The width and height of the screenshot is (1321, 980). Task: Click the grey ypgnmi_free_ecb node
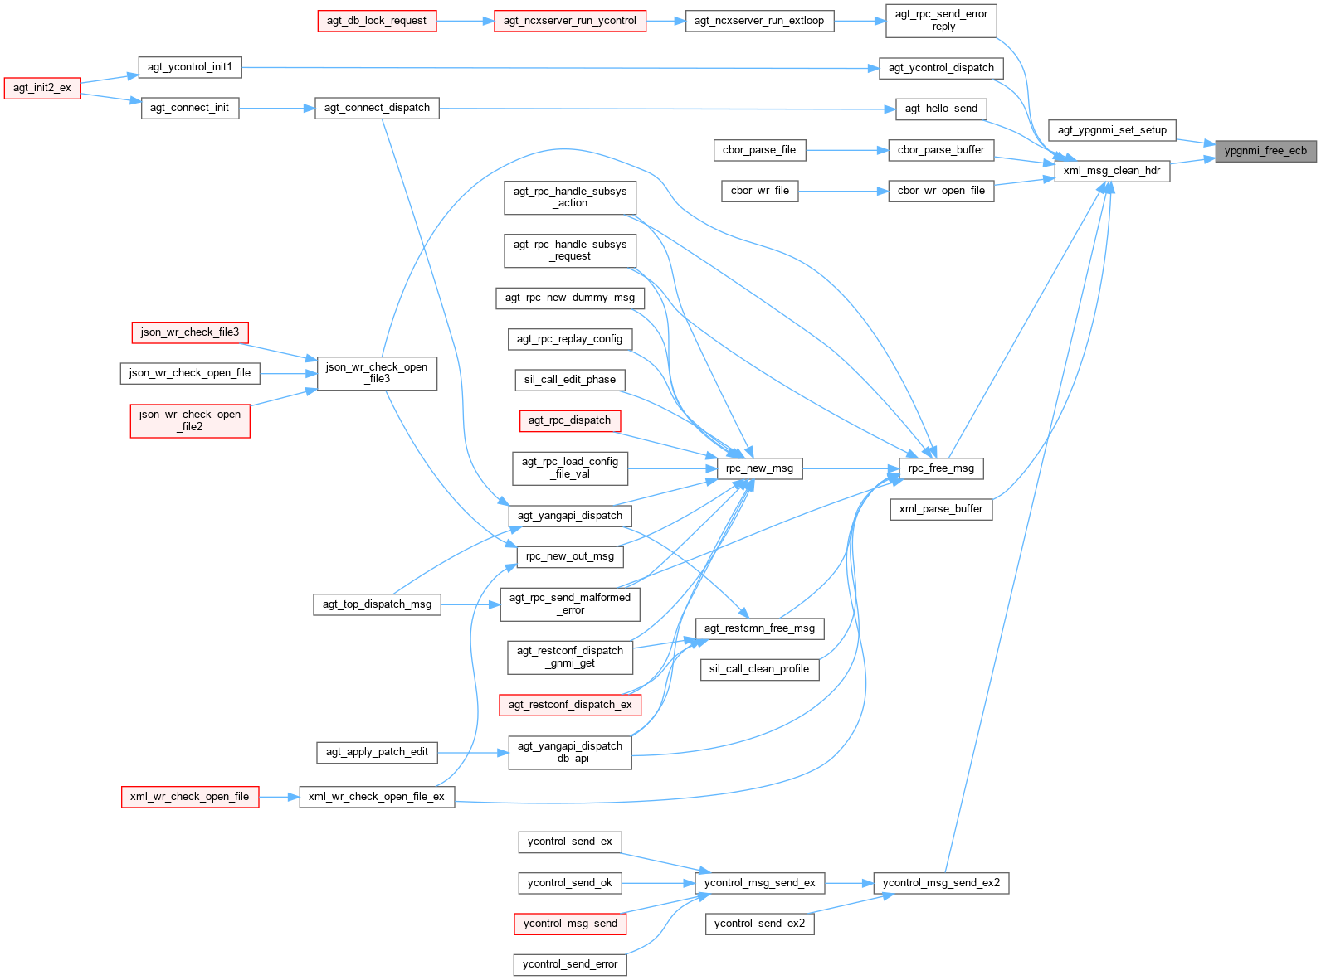(x=1265, y=151)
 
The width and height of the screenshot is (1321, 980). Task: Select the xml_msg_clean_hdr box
(x=1112, y=172)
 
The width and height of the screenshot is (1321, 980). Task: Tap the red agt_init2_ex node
(x=42, y=88)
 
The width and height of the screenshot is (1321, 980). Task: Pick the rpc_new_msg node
(x=759, y=468)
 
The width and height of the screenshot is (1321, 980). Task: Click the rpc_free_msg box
(x=941, y=468)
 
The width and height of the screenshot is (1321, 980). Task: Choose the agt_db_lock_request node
(x=377, y=21)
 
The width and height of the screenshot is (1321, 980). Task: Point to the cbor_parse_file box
(x=758, y=150)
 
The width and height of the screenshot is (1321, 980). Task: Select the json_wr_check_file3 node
(x=190, y=332)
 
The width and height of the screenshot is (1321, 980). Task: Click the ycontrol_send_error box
(x=570, y=964)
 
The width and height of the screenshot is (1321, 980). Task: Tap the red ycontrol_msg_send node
(x=570, y=924)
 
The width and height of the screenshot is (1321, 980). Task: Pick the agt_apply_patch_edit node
(x=377, y=752)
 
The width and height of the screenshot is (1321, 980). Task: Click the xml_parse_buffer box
(x=941, y=509)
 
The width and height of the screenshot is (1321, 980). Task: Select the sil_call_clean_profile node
(x=759, y=669)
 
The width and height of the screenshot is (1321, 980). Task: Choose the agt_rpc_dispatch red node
(x=569, y=420)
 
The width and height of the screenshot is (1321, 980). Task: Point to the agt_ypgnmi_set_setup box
(x=1112, y=130)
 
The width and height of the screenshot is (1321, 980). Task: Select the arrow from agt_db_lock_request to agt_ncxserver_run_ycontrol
(x=465, y=21)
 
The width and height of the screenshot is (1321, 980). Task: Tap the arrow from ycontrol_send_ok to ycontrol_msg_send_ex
(x=659, y=883)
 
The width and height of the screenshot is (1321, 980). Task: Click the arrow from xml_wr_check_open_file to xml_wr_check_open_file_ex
(x=279, y=797)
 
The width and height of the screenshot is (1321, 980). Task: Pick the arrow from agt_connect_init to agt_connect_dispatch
(x=276, y=108)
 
